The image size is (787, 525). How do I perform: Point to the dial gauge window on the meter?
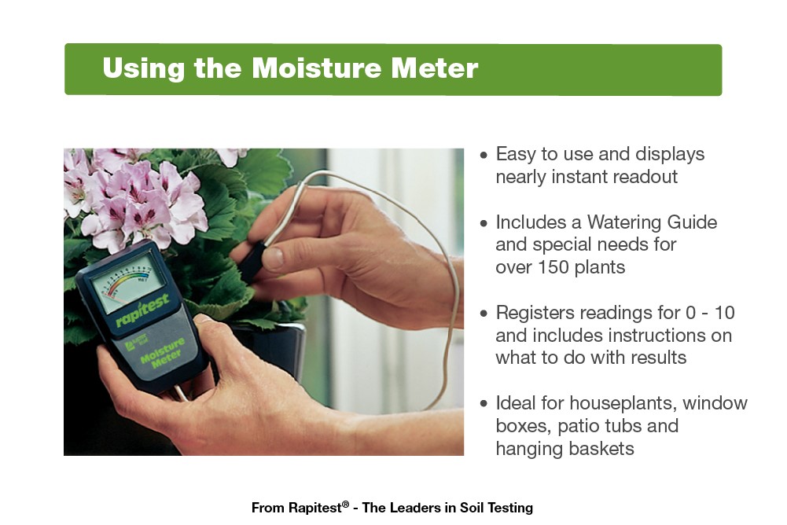[x=124, y=283]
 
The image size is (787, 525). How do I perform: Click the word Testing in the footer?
[x=509, y=508]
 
